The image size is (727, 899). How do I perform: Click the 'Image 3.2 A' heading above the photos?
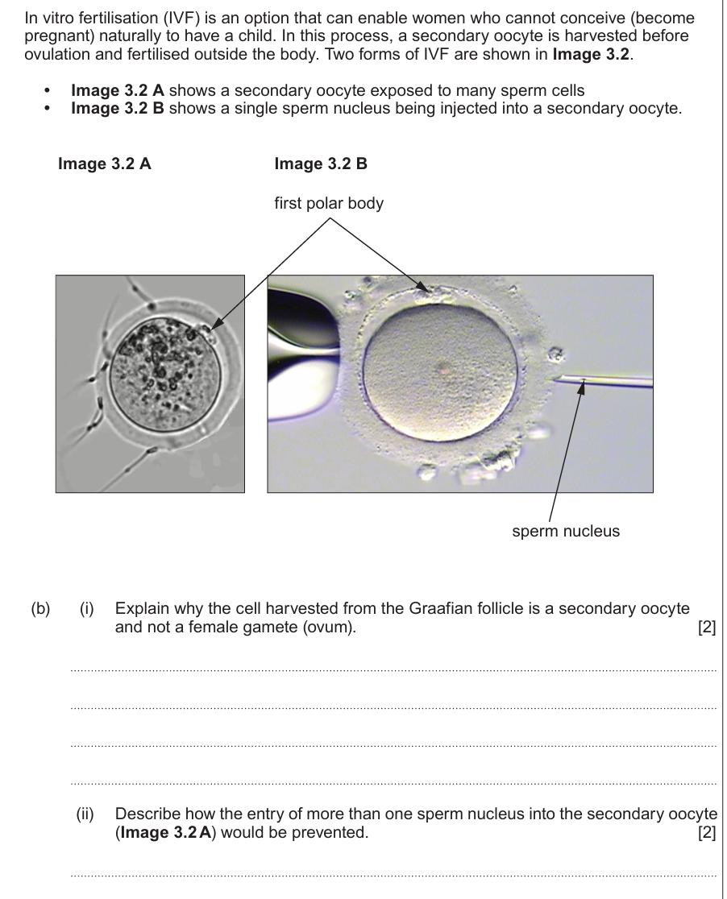coord(105,164)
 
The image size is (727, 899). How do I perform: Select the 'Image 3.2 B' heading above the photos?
coord(321,164)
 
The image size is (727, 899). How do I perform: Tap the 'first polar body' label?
coord(329,204)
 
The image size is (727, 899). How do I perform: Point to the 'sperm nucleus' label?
coord(566,531)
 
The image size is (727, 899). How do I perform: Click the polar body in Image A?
coord(212,330)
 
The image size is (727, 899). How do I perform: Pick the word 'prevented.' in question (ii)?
coord(333,832)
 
